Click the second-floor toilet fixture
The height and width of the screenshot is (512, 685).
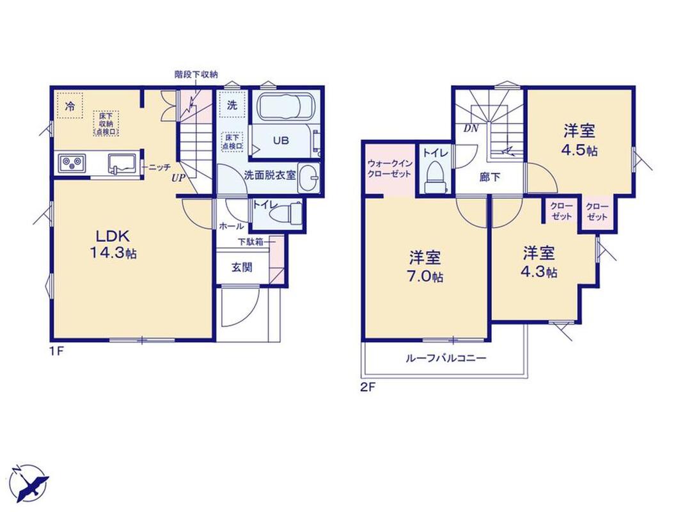click(435, 177)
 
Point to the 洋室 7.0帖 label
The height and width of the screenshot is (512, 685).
click(425, 267)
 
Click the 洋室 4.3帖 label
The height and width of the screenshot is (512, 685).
click(539, 262)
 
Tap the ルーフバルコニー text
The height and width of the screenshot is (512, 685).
click(446, 358)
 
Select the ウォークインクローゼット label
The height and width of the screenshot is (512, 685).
click(390, 168)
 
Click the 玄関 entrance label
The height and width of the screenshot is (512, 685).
click(242, 267)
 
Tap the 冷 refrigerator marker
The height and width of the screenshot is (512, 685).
click(70, 106)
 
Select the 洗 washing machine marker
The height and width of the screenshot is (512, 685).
click(232, 105)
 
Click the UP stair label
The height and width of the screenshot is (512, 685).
click(178, 179)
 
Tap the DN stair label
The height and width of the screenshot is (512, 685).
click(471, 129)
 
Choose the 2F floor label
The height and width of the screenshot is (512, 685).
click(368, 387)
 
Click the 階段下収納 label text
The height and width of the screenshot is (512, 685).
click(196, 74)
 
